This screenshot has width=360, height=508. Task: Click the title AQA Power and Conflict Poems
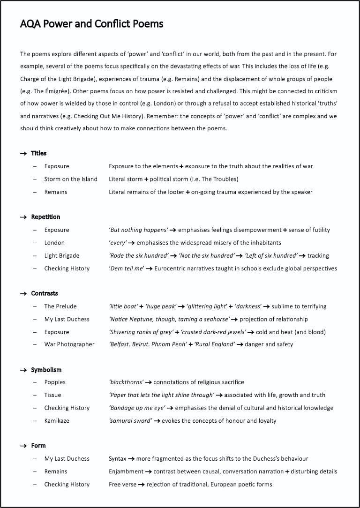click(x=92, y=24)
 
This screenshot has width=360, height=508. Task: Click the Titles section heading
click(x=38, y=153)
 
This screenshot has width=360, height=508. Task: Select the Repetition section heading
click(x=45, y=217)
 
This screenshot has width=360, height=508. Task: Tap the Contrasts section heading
click(x=45, y=293)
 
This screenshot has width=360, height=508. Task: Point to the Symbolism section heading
click(x=46, y=370)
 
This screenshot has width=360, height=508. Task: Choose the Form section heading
click(x=38, y=446)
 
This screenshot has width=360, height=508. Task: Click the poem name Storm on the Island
click(x=71, y=179)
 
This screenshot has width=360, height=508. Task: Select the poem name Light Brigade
click(x=62, y=255)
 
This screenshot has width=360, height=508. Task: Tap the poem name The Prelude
click(x=60, y=306)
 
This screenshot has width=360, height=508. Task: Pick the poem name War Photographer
click(x=69, y=344)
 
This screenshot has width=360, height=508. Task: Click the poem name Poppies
click(x=55, y=382)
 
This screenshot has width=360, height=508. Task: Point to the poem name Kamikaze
click(x=57, y=420)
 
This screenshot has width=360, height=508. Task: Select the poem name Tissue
click(x=52, y=395)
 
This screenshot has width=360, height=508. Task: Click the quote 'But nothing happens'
click(x=138, y=230)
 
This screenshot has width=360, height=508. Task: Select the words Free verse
click(x=122, y=484)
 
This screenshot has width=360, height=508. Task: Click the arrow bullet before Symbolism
click(x=23, y=370)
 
